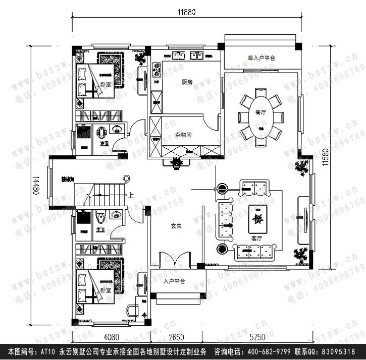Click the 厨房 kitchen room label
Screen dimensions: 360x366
click(187, 82)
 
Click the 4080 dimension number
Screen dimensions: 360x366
click(111, 336)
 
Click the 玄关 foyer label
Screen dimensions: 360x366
click(175, 227)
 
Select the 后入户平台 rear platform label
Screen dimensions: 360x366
click(261, 58)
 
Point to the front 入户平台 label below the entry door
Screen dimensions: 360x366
click(174, 281)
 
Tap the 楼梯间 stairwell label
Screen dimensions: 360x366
click(68, 179)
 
